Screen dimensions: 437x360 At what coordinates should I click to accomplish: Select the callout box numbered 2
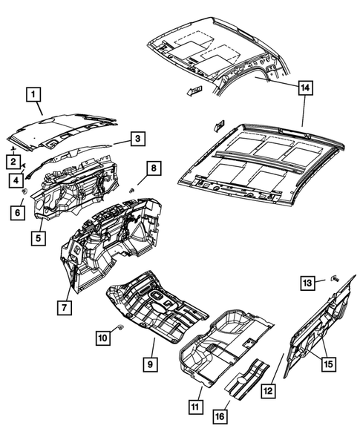(x=13, y=161)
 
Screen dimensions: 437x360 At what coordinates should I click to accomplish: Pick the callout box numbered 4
(x=15, y=180)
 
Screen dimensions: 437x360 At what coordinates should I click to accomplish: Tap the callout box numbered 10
(x=103, y=338)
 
